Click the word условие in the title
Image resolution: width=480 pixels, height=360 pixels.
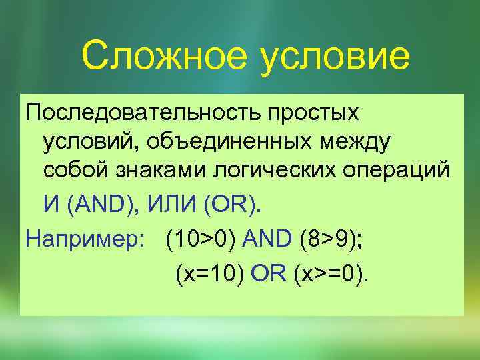(x=331, y=57)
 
